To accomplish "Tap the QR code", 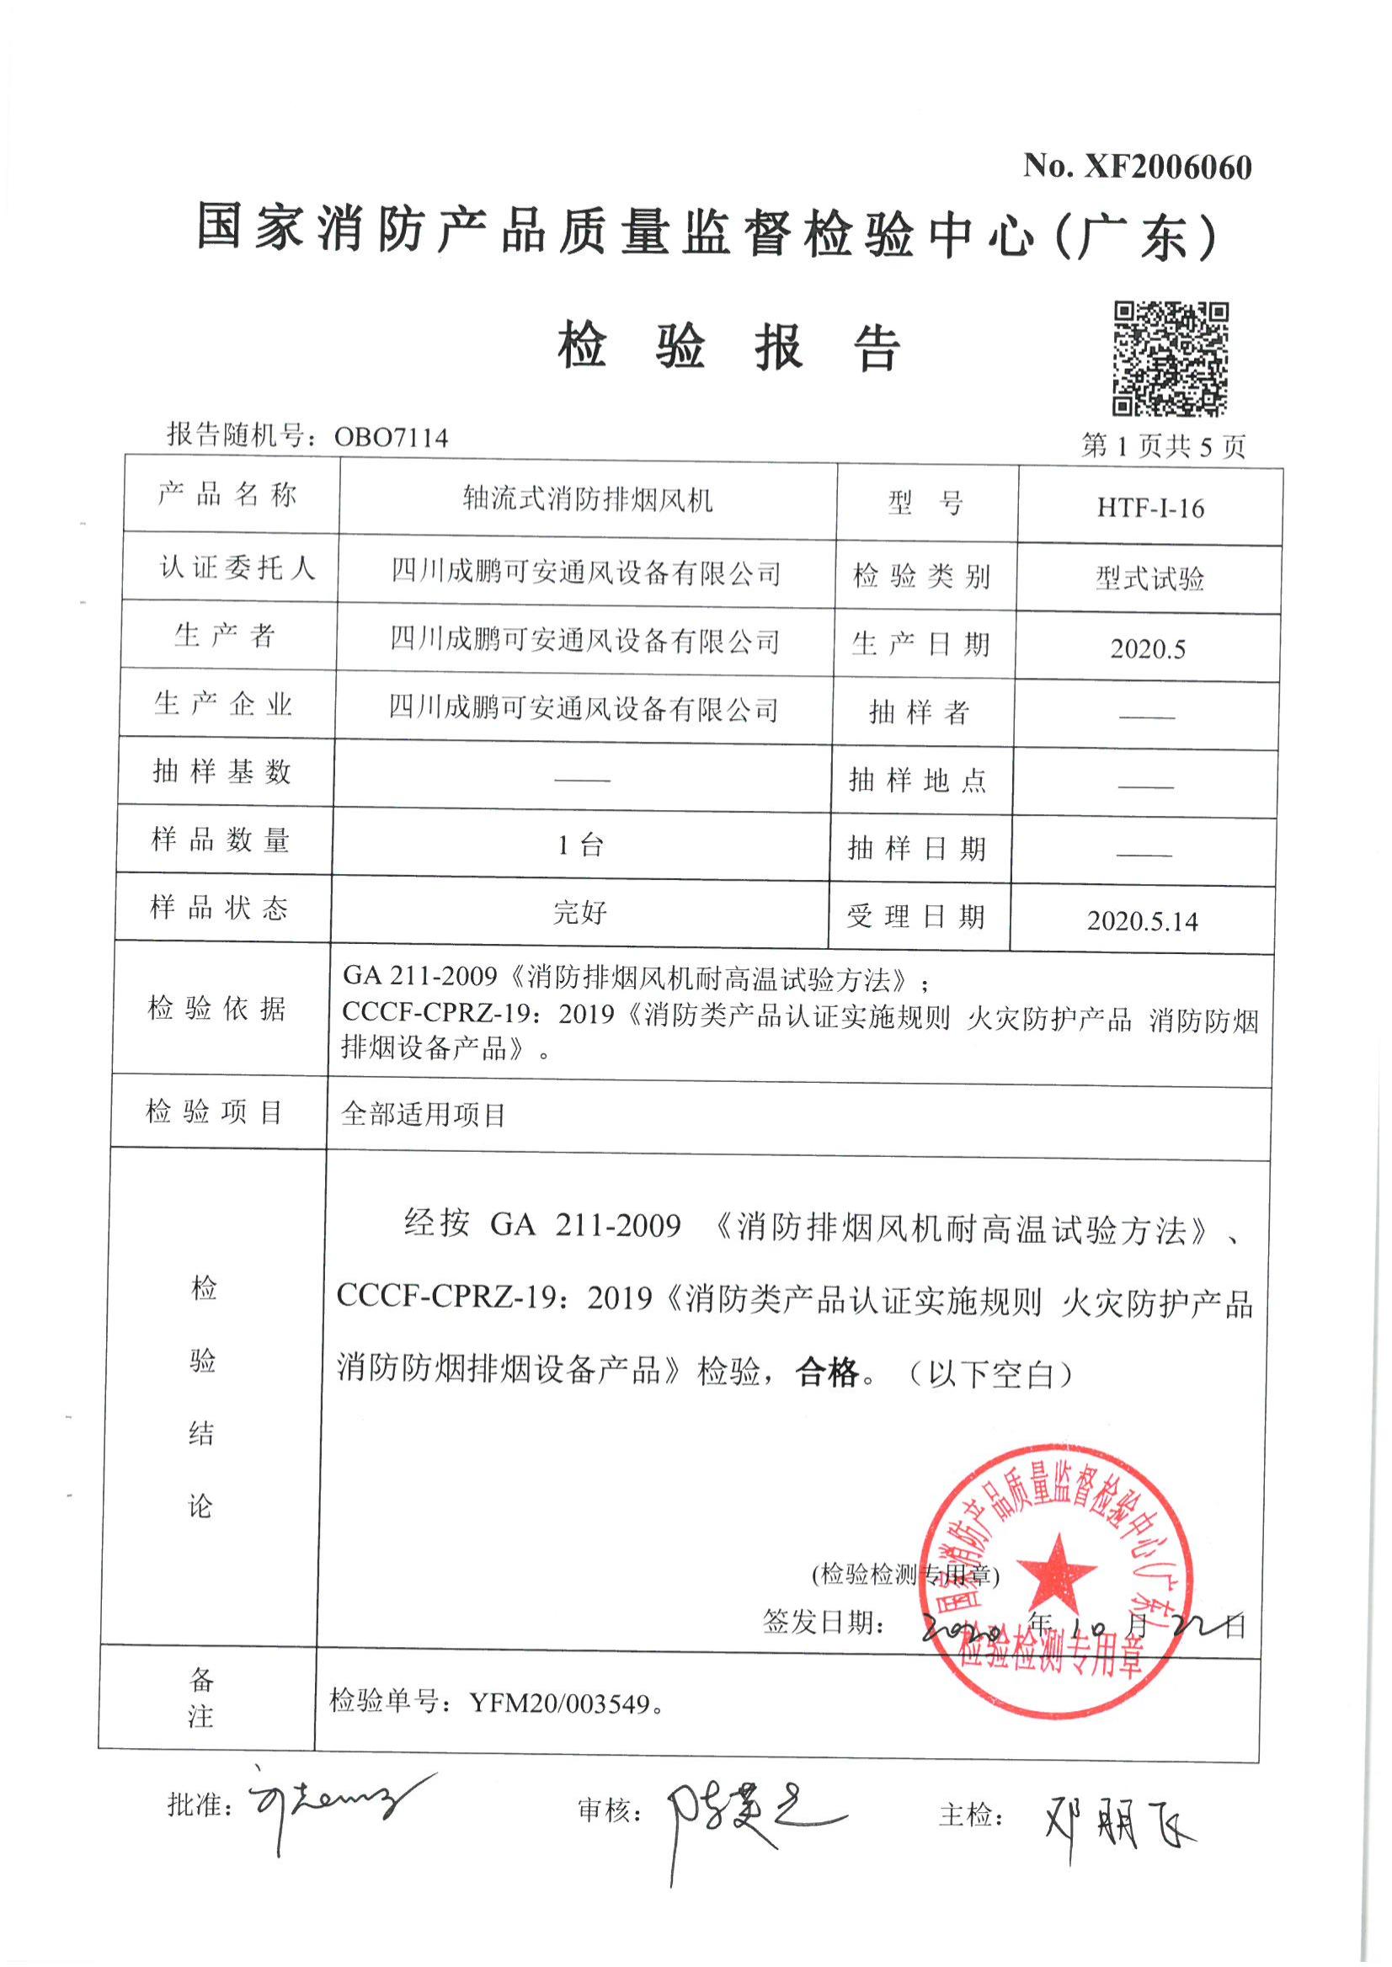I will pos(1170,358).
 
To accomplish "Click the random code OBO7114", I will pos(391,438).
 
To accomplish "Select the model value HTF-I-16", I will pos(1150,509).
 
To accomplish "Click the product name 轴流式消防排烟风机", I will pos(587,499).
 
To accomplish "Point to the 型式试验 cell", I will pos(1149,578).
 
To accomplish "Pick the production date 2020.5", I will pos(1148,649).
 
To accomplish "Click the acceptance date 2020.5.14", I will pos(1143,921).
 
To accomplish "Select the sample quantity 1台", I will pos(580,846).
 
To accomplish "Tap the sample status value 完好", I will pos(580,913).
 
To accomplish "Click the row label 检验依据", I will pos(216,1008).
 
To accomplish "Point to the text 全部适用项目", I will pos(424,1114).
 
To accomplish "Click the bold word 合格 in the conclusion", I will pos(827,1373).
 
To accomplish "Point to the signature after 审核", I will pos(746,1819).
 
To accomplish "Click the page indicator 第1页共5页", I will pos(1163,445).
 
